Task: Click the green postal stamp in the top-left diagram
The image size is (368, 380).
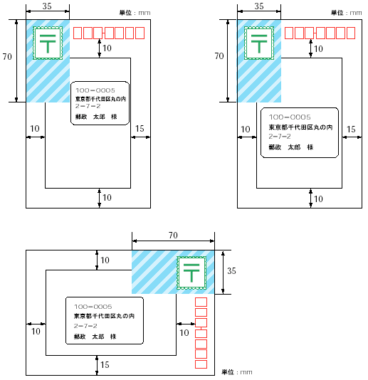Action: coord(48,43)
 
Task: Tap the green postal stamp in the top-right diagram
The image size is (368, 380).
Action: coord(259,43)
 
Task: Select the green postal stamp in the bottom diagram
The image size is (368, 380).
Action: coord(191,273)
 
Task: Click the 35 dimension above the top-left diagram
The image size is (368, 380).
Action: coord(47,6)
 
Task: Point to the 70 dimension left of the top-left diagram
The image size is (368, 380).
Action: coord(7,56)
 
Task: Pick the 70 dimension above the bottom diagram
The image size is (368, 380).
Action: coord(173,235)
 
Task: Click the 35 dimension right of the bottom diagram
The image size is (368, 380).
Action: coord(231,270)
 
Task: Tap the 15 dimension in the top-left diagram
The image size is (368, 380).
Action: coord(140,128)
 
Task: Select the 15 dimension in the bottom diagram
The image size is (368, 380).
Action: coord(105,365)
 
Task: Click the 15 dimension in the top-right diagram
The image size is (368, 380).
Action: coord(351,130)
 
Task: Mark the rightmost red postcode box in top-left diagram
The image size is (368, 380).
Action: coord(140,33)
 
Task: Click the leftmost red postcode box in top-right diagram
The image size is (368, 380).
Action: coord(289,33)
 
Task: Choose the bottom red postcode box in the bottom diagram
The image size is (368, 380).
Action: coord(201,364)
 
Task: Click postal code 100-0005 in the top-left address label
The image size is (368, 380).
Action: coord(95,90)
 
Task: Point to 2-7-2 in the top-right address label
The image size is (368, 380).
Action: coord(280,137)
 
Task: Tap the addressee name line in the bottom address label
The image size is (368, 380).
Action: coord(95,337)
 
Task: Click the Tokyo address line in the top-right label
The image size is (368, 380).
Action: coord(300,127)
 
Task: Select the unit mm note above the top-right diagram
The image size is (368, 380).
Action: coord(347,13)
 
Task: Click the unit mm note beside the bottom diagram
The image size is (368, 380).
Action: coord(237,372)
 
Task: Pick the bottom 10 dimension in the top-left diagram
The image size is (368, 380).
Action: coord(107,198)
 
